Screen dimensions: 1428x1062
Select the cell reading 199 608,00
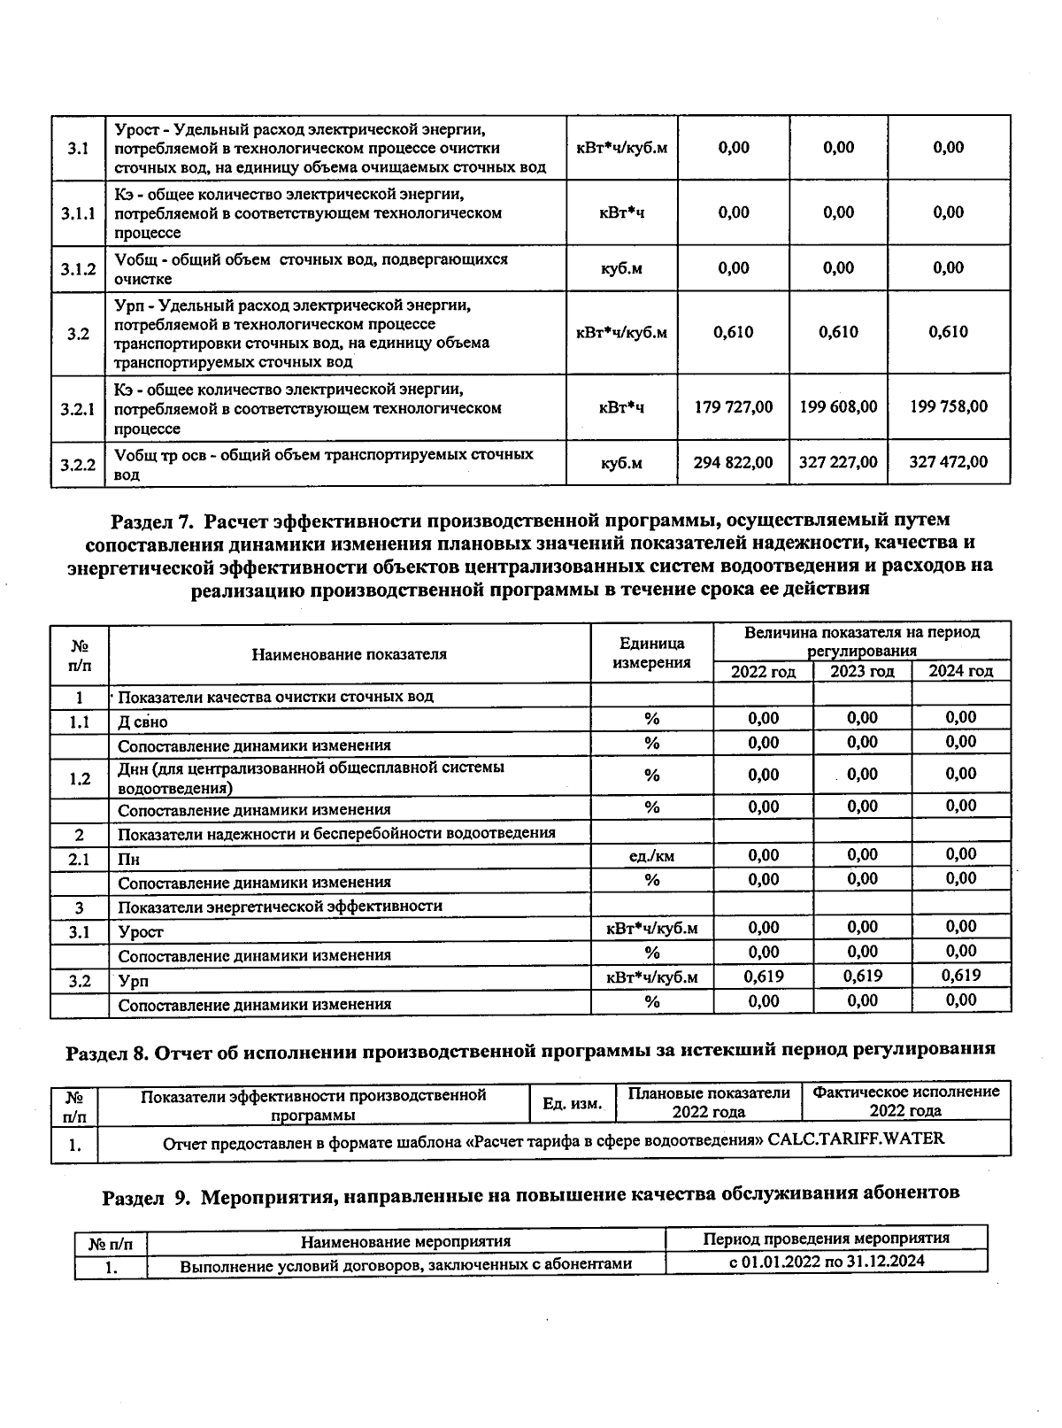click(x=838, y=407)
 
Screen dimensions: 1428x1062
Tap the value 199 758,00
click(x=949, y=407)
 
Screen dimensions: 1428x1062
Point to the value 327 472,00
click(x=949, y=462)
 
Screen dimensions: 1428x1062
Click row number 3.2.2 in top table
click(x=78, y=463)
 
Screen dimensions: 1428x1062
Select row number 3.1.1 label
click(x=78, y=213)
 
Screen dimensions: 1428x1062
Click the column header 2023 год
click(x=862, y=672)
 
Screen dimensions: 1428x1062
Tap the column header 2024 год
click(x=961, y=672)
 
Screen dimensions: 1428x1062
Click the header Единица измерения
click(x=651, y=653)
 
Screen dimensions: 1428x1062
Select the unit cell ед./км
click(x=651, y=856)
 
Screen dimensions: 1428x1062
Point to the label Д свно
click(x=142, y=722)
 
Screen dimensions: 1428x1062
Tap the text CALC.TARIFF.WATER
click(x=856, y=1139)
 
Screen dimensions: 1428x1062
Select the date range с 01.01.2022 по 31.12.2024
click(x=826, y=1261)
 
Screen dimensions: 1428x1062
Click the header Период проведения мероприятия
click(x=826, y=1239)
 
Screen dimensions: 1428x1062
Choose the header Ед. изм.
click(x=572, y=1103)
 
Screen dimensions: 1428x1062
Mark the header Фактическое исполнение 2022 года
click(x=905, y=1101)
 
